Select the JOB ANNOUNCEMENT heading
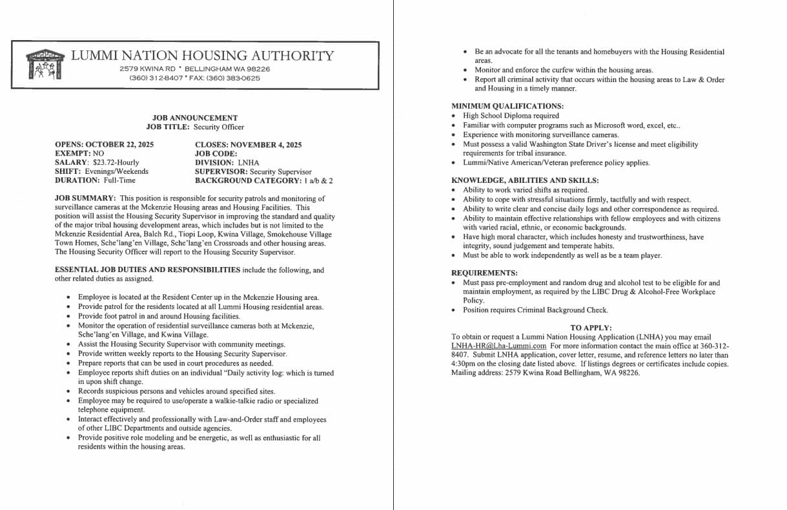click(x=195, y=118)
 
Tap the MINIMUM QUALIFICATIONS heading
click(x=507, y=106)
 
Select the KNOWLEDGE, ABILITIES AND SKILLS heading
click(x=525, y=180)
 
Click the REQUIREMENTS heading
click(x=484, y=273)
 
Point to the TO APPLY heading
click(x=591, y=328)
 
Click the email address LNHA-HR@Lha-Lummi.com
click(x=498, y=346)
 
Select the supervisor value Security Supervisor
click(x=280, y=172)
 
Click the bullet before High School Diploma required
click(x=454, y=116)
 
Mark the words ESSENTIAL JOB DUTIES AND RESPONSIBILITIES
click(x=147, y=270)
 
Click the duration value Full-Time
click(x=119, y=181)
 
